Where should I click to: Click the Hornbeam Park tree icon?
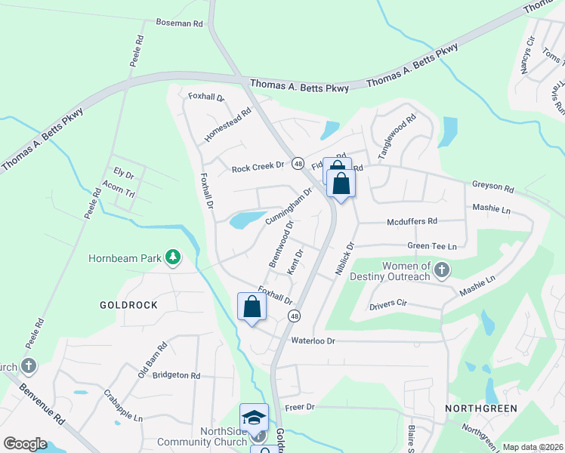coord(174,257)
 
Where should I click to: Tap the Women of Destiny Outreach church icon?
coord(442,270)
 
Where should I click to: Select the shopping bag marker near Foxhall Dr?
coord(252,307)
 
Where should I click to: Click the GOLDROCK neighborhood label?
coord(128,305)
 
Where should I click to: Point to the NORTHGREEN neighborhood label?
coord(480,408)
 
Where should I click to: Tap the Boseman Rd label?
coord(179,24)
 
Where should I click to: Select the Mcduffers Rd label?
coord(412,222)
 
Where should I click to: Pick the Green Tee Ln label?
coord(432,246)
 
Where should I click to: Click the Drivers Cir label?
coord(388,305)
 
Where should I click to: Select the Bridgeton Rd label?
coord(176,374)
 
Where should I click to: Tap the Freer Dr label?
coord(299,407)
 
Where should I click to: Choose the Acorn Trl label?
coord(119,193)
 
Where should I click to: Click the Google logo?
coord(25,443)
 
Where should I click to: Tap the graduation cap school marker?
coord(254,418)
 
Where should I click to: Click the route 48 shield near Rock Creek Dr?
coord(298,163)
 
